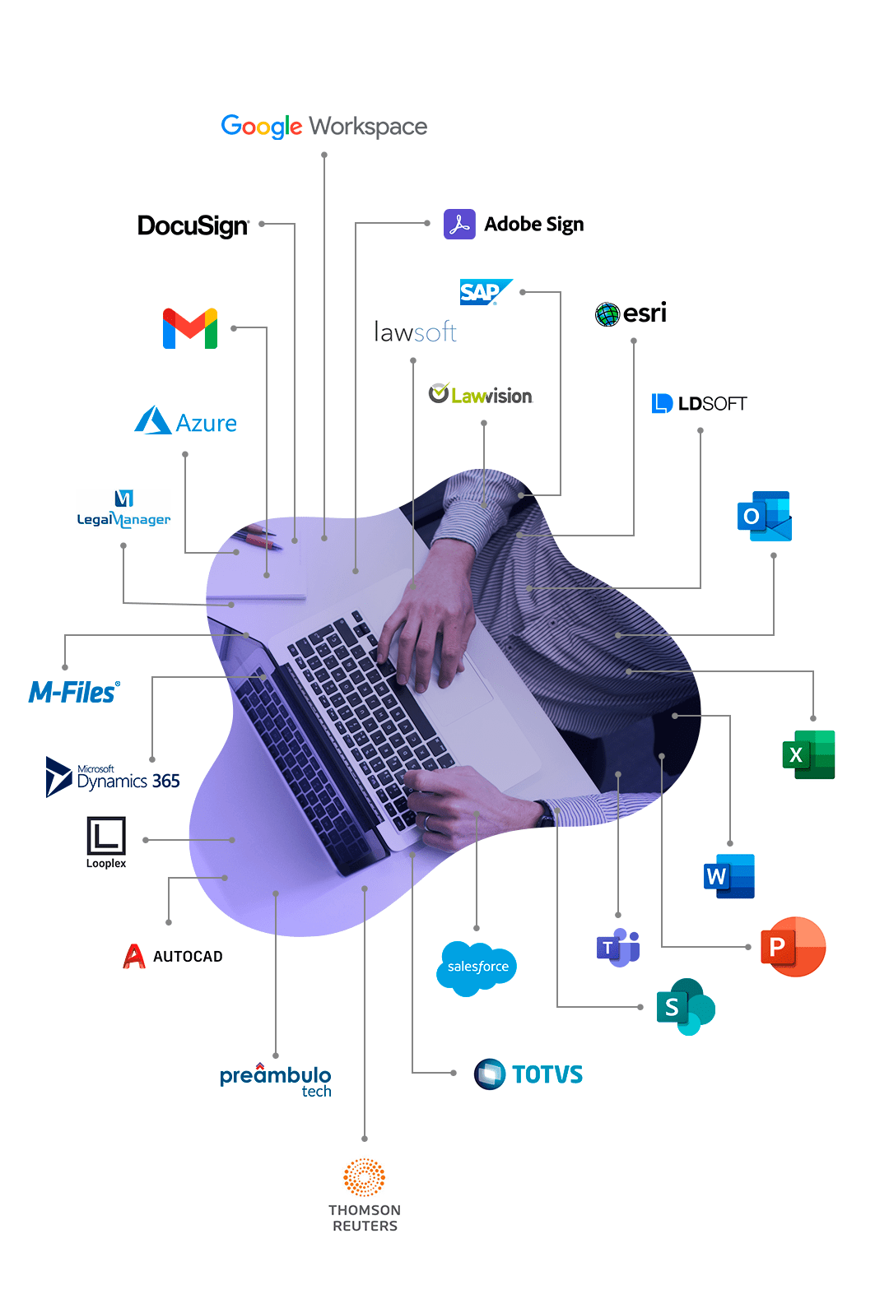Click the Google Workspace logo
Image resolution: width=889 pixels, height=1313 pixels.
[323, 126]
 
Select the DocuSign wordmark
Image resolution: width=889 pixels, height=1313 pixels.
[193, 225]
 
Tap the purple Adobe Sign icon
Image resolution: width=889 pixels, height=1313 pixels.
[459, 224]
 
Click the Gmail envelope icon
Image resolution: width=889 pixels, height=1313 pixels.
[190, 328]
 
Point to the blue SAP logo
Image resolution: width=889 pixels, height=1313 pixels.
[485, 291]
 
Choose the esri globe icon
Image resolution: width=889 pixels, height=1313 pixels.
[607, 314]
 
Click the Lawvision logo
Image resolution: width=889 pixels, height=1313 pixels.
[480, 395]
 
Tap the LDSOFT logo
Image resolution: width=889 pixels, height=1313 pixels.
[699, 403]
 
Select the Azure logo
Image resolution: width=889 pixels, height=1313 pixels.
[185, 421]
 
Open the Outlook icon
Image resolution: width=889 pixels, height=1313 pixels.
[764, 516]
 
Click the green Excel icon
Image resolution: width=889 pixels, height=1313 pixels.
[808, 754]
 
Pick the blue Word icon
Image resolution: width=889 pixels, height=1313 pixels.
[729, 876]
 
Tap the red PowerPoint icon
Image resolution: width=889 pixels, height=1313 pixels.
[793, 946]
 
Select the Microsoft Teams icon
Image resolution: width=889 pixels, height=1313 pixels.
[618, 947]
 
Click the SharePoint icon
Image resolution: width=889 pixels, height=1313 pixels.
[686, 1006]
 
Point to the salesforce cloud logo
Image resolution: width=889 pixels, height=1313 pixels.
[476, 968]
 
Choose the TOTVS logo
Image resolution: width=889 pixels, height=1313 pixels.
[528, 1074]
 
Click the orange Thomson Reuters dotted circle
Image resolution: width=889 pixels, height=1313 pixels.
[364, 1177]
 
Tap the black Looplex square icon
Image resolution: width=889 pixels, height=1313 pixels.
[106, 835]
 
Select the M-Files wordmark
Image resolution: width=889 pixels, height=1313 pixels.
[74, 692]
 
